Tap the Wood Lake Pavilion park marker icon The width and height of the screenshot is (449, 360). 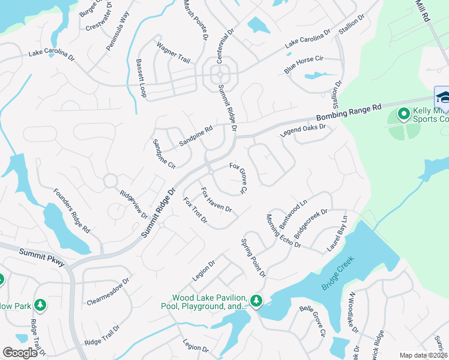click(256, 300)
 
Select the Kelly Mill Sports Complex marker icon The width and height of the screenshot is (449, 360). click(404, 113)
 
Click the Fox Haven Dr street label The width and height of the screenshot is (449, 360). click(216, 200)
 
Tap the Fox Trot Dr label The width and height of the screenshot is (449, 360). click(195, 212)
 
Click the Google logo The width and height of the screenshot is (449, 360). click(20, 353)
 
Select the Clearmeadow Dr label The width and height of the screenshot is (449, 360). click(108, 291)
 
